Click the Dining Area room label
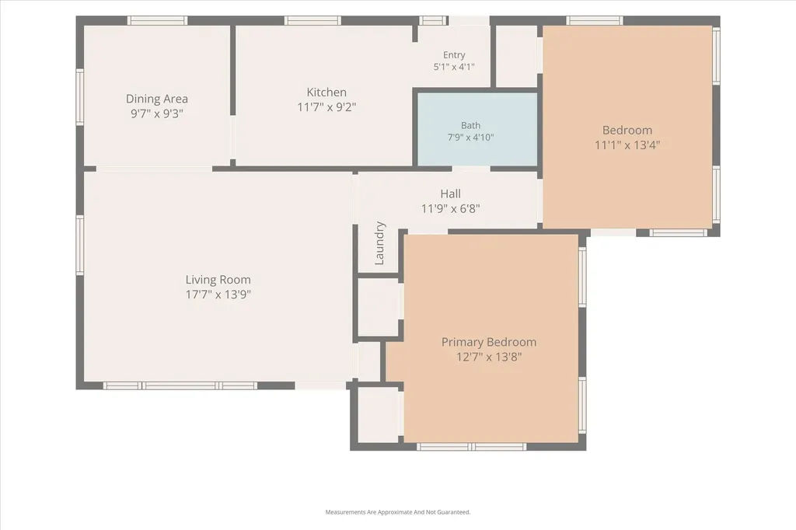157,99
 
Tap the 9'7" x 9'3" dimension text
157,113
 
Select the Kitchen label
326,92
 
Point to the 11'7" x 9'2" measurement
326,106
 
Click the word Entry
454,55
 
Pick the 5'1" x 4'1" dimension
454,67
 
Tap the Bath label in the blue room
470,125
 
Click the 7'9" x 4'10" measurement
470,137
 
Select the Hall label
450,194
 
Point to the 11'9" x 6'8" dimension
450,208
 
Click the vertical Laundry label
379,243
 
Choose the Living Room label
218,279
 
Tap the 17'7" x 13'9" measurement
218,294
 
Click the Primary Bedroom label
489,342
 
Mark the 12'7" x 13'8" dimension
489,357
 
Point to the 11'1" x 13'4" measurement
627,145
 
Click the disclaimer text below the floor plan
398,512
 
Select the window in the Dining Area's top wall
157,20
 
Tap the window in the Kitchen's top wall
312,20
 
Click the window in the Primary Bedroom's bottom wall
472,447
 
